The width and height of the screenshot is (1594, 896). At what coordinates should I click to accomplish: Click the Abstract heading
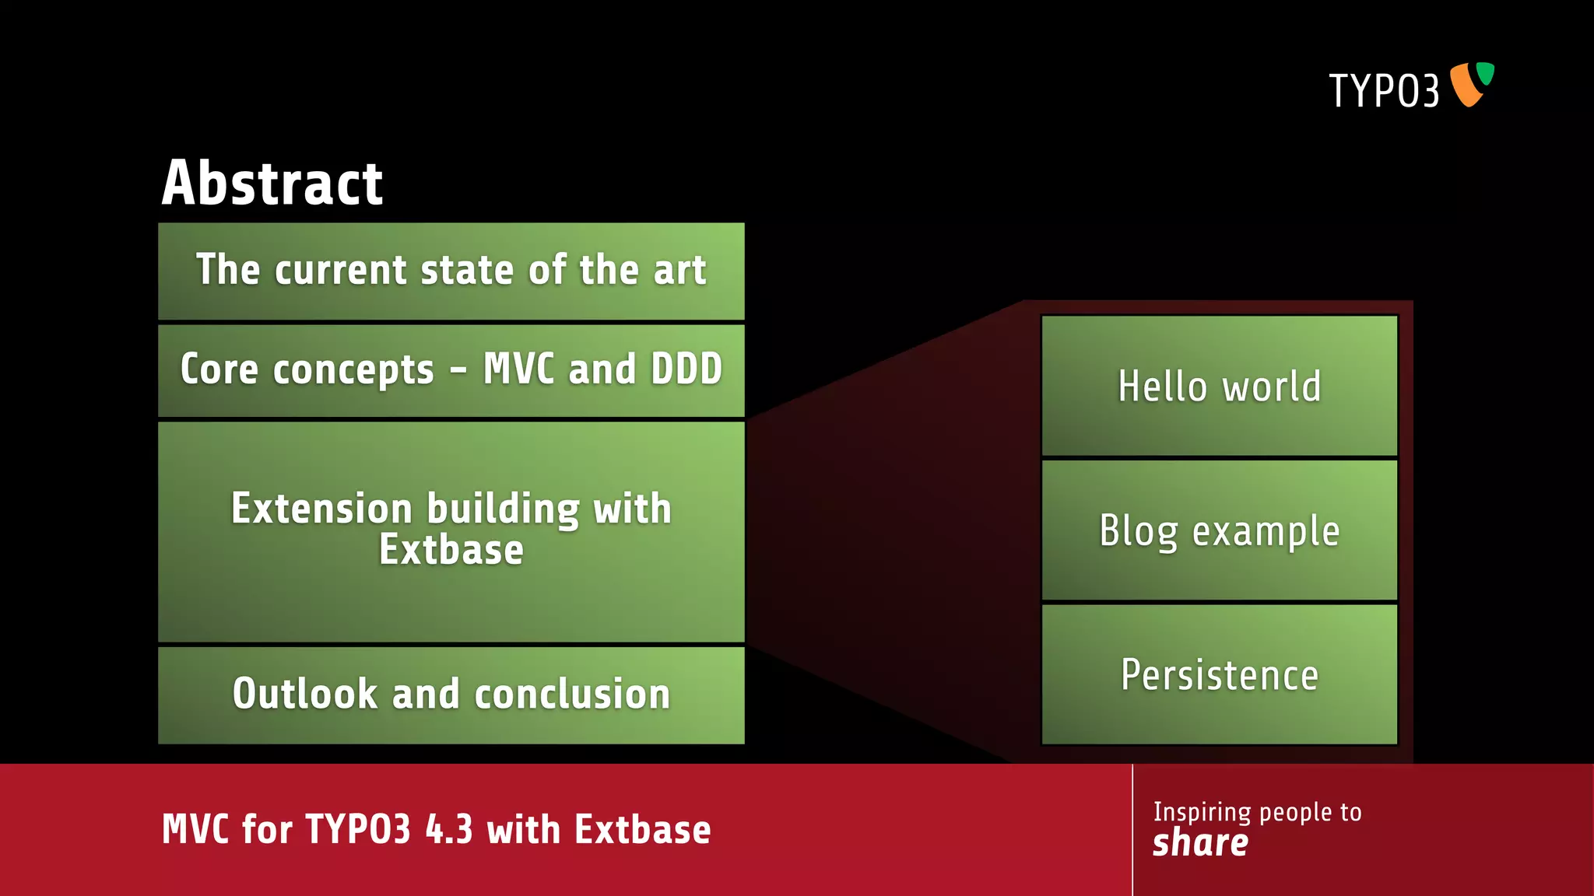[x=272, y=184]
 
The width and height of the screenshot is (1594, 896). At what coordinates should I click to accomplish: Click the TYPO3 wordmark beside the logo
[x=1383, y=91]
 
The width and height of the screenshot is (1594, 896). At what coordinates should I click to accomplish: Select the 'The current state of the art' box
[x=451, y=271]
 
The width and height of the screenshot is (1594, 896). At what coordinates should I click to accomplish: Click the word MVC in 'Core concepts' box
[x=518, y=369]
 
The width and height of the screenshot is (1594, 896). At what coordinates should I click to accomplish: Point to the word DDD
[x=686, y=369]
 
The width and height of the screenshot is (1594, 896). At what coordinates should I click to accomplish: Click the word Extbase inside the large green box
[x=451, y=550]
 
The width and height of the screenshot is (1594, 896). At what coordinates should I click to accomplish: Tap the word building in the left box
[x=503, y=509]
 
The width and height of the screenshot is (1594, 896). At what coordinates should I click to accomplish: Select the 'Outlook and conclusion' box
[x=451, y=695]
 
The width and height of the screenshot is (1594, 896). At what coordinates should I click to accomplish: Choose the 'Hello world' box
[x=1219, y=386]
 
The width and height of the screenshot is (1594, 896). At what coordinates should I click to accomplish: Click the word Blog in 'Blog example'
[x=1138, y=531]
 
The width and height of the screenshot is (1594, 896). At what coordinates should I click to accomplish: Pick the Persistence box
[x=1219, y=674]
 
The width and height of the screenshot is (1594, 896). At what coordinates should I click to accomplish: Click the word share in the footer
[x=1200, y=843]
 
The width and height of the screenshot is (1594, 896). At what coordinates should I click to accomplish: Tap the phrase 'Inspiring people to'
[x=1257, y=812]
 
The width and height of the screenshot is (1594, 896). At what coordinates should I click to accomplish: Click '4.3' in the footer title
[x=449, y=829]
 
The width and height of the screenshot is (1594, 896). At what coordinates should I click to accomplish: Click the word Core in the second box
[x=219, y=369]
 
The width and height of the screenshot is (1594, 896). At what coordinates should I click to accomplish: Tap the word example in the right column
[x=1266, y=531]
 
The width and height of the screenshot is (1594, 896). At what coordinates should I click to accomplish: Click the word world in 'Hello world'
[x=1272, y=386]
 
